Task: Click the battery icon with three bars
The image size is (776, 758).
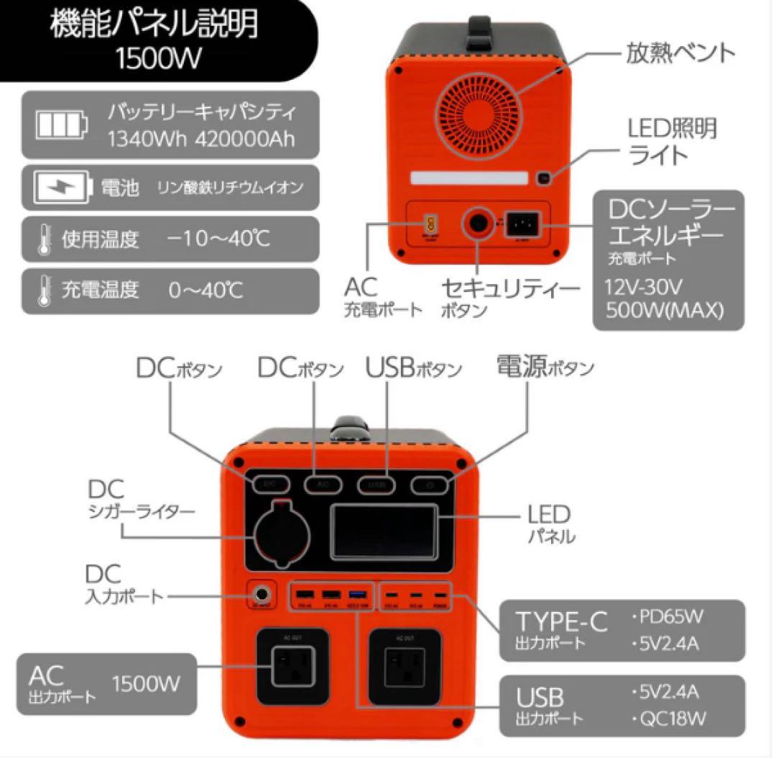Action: pos(63,124)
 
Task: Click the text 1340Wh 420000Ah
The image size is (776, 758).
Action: pos(201,139)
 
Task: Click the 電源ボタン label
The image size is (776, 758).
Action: pos(545,367)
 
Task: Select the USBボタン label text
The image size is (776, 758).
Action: pos(413,368)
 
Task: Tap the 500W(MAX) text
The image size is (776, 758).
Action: pos(665,311)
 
